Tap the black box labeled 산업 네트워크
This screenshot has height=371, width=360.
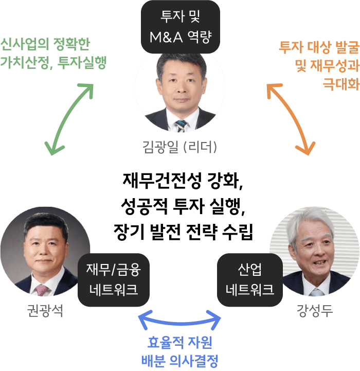point(250,279)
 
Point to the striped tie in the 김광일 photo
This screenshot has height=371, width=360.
point(181,125)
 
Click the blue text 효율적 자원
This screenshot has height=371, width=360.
point(180,342)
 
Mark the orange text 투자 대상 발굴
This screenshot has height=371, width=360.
point(318,47)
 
